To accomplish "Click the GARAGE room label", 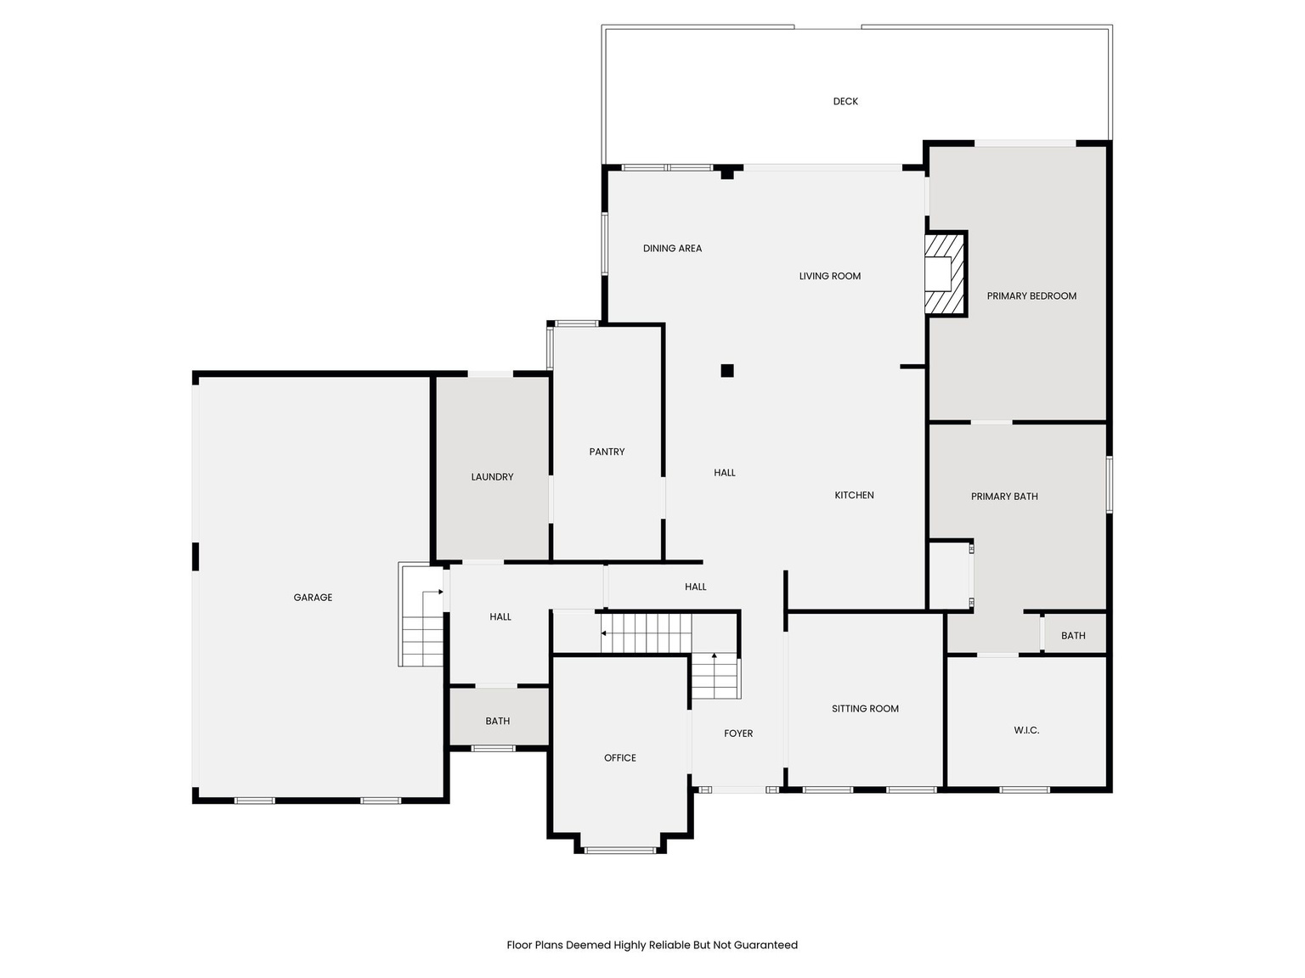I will pyautogui.click(x=313, y=598).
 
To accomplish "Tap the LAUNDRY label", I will pyautogui.click(x=492, y=477).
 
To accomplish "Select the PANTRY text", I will pyautogui.click(x=607, y=452).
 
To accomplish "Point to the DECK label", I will pyautogui.click(x=845, y=101).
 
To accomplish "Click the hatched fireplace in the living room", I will pyautogui.click(x=944, y=273).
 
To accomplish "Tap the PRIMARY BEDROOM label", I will pyautogui.click(x=1031, y=296).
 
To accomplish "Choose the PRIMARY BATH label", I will pyautogui.click(x=1004, y=497).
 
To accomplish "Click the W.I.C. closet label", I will pyautogui.click(x=1026, y=730).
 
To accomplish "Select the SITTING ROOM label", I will pyautogui.click(x=865, y=709).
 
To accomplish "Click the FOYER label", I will pyautogui.click(x=738, y=733).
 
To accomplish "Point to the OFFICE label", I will pyautogui.click(x=620, y=758).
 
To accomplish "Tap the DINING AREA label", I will pyautogui.click(x=672, y=249).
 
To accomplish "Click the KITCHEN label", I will pyautogui.click(x=854, y=495).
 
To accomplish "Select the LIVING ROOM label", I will pyautogui.click(x=830, y=276).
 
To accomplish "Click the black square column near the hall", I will pyautogui.click(x=727, y=370).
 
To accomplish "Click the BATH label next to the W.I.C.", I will pyautogui.click(x=1073, y=635).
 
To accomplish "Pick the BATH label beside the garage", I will pyautogui.click(x=498, y=721).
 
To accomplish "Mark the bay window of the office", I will pyautogui.click(x=620, y=849).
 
